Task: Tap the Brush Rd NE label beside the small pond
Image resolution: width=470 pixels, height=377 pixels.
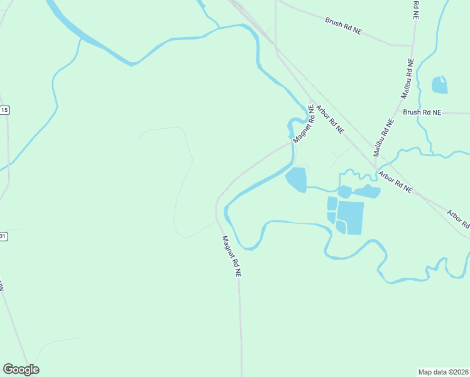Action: click(422, 112)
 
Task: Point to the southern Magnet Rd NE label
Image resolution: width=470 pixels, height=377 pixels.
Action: click(231, 256)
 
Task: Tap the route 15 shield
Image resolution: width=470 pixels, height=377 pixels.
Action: click(4, 110)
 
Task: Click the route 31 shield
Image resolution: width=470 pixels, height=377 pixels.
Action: click(3, 236)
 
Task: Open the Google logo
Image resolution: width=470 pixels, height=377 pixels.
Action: click(21, 369)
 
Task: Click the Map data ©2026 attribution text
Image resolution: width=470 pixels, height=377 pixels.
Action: click(443, 372)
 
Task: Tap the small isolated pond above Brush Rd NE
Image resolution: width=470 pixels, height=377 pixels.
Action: click(439, 85)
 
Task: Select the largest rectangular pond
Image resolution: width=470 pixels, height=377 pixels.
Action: click(351, 217)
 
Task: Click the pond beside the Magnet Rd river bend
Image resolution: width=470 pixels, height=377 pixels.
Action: click(296, 179)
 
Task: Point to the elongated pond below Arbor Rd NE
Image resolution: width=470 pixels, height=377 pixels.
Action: click(367, 192)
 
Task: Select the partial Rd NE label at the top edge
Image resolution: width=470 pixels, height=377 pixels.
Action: click(416, 9)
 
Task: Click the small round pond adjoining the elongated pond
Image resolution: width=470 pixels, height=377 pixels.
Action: click(344, 192)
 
